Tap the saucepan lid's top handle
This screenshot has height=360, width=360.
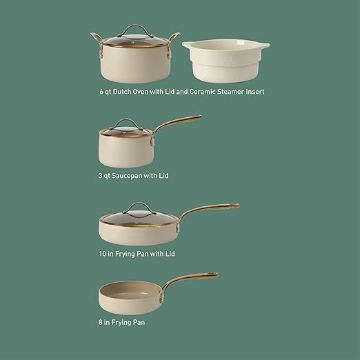coord(126,123)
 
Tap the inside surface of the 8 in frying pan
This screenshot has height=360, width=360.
coord(129,290)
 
